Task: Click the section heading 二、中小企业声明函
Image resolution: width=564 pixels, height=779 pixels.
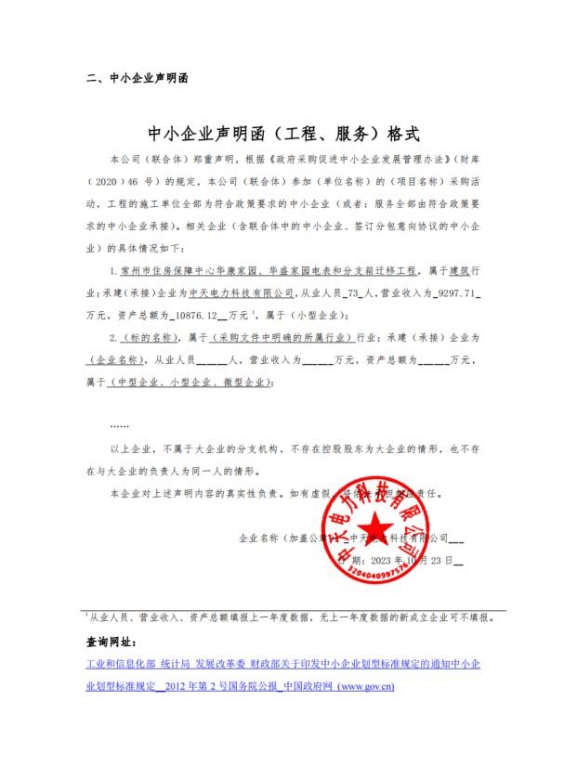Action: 136,79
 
